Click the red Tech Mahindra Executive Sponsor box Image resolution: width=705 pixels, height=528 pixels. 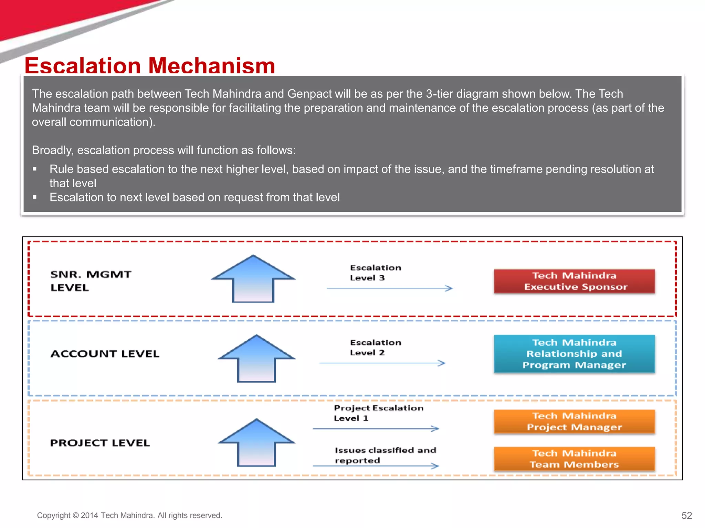coord(574,281)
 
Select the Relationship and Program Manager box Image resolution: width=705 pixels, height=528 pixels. coord(574,354)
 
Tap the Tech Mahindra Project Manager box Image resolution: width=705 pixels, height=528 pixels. coord(574,421)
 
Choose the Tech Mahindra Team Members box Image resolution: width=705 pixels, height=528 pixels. coord(574,459)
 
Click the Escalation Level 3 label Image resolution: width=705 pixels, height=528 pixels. coord(375,273)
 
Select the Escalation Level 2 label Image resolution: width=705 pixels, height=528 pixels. coord(375,348)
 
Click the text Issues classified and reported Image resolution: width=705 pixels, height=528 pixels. coord(385,455)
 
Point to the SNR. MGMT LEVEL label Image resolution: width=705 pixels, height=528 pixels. coord(91,281)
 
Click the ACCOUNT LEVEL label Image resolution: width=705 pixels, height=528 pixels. coord(105,354)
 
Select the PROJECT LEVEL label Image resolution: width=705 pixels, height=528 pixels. coord(100,443)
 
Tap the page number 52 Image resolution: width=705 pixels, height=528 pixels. coord(686,515)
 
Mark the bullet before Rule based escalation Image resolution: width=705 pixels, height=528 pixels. coord(34,169)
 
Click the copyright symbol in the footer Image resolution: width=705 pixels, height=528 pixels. coord(75,516)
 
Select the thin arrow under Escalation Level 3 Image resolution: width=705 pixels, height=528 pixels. coord(389,288)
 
